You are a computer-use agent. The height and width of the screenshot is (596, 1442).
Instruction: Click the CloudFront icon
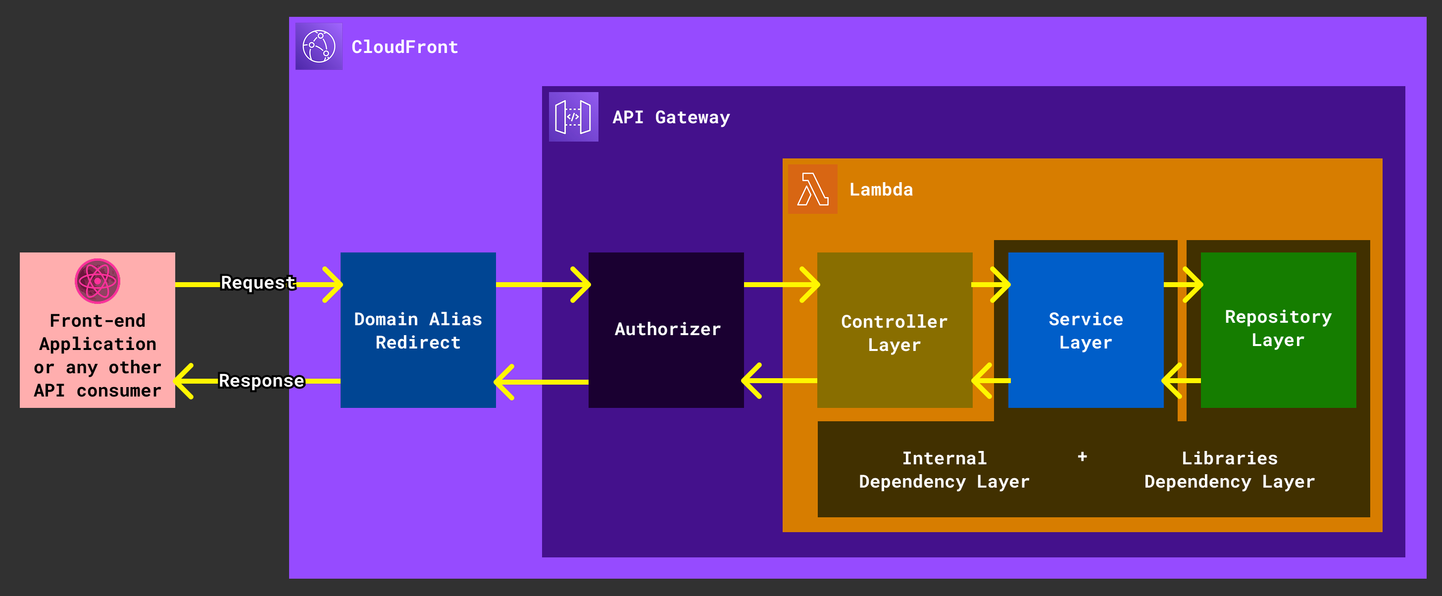click(318, 47)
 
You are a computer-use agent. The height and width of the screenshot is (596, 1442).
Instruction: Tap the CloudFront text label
click(404, 47)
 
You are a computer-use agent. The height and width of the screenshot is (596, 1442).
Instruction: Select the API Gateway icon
click(573, 116)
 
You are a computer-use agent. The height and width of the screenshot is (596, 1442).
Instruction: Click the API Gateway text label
click(671, 117)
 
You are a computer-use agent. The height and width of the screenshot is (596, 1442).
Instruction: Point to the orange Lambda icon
click(812, 189)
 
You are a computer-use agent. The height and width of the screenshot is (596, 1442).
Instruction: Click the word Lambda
click(881, 190)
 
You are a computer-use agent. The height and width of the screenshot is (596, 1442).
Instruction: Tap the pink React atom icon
click(98, 281)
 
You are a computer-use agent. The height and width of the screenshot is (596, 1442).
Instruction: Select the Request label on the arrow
click(257, 283)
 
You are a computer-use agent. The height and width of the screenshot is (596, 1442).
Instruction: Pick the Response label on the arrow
click(261, 381)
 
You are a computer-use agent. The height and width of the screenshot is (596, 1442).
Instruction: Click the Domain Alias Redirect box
click(418, 330)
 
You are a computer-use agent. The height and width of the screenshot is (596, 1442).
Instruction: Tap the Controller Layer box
click(894, 333)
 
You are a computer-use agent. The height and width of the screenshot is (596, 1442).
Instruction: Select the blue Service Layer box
click(1086, 330)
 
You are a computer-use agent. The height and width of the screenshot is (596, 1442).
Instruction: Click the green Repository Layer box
click(1278, 329)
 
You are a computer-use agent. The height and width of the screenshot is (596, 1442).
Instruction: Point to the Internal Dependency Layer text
click(944, 470)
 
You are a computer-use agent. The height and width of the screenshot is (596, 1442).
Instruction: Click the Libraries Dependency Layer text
click(1229, 470)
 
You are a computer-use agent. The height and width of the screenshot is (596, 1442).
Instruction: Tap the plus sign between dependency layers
click(1082, 457)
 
